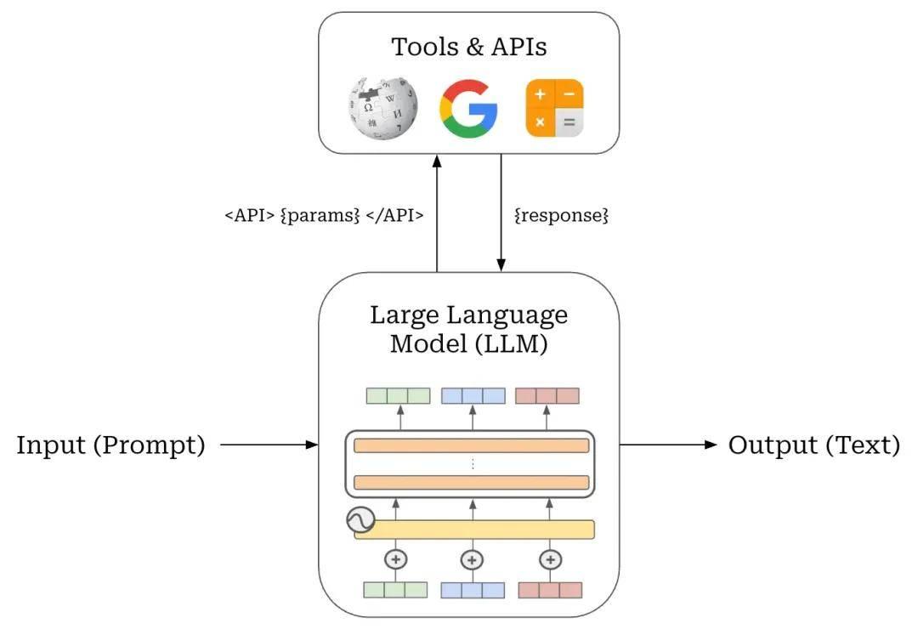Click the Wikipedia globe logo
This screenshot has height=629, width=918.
tap(382, 109)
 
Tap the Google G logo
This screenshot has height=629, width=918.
tap(468, 109)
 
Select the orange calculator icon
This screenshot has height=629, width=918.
tap(554, 108)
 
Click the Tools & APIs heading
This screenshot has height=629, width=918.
tap(469, 47)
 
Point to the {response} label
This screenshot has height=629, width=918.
tap(562, 216)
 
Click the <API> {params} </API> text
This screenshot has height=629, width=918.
tap(324, 216)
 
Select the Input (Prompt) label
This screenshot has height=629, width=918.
tap(110, 445)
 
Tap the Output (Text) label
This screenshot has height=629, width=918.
tap(813, 445)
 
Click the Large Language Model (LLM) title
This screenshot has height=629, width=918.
tap(469, 329)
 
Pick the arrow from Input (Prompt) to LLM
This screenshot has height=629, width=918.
tap(269, 445)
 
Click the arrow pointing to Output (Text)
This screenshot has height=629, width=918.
tap(668, 445)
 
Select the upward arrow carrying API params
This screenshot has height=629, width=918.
tap(437, 213)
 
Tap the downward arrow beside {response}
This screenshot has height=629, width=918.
tap(501, 213)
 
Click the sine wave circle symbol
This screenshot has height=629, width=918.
tap(360, 519)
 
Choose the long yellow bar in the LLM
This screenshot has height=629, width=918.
tap(474, 530)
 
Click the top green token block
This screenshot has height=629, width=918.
tap(398, 396)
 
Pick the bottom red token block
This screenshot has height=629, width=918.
tap(550, 590)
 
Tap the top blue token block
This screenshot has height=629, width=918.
tap(473, 396)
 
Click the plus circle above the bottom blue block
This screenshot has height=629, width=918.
tap(472, 560)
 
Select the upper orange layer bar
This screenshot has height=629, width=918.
tap(471, 445)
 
